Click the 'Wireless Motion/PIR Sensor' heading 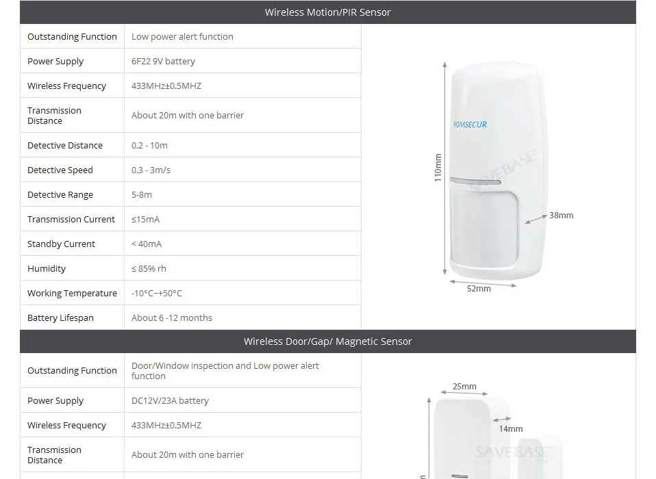click(327, 12)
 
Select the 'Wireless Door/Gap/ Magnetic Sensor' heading click(327, 341)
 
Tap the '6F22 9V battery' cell click(163, 61)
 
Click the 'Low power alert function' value click(182, 36)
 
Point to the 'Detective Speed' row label click(60, 170)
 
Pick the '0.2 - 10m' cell click(149, 146)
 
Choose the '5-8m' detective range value click(142, 195)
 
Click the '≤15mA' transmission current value click(145, 220)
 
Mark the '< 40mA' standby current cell click(147, 244)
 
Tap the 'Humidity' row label click(47, 269)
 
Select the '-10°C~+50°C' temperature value click(157, 294)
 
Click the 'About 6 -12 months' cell click(172, 318)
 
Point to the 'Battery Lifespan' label click(60, 318)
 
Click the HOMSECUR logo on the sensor click(470, 125)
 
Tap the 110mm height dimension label click(438, 168)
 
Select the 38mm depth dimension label click(561, 216)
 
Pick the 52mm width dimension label click(479, 289)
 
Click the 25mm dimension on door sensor click(464, 387)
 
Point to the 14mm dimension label click(510, 429)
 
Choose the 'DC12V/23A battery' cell click(170, 400)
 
